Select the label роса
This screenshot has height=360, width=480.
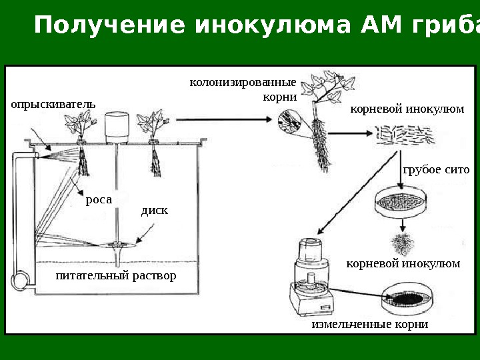99,199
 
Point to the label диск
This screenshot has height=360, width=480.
155,211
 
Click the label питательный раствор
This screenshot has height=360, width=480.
116,275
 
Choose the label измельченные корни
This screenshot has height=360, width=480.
369,325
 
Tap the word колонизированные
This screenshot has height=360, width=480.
243,83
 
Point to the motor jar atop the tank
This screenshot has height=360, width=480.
116,127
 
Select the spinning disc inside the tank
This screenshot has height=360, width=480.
117,245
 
